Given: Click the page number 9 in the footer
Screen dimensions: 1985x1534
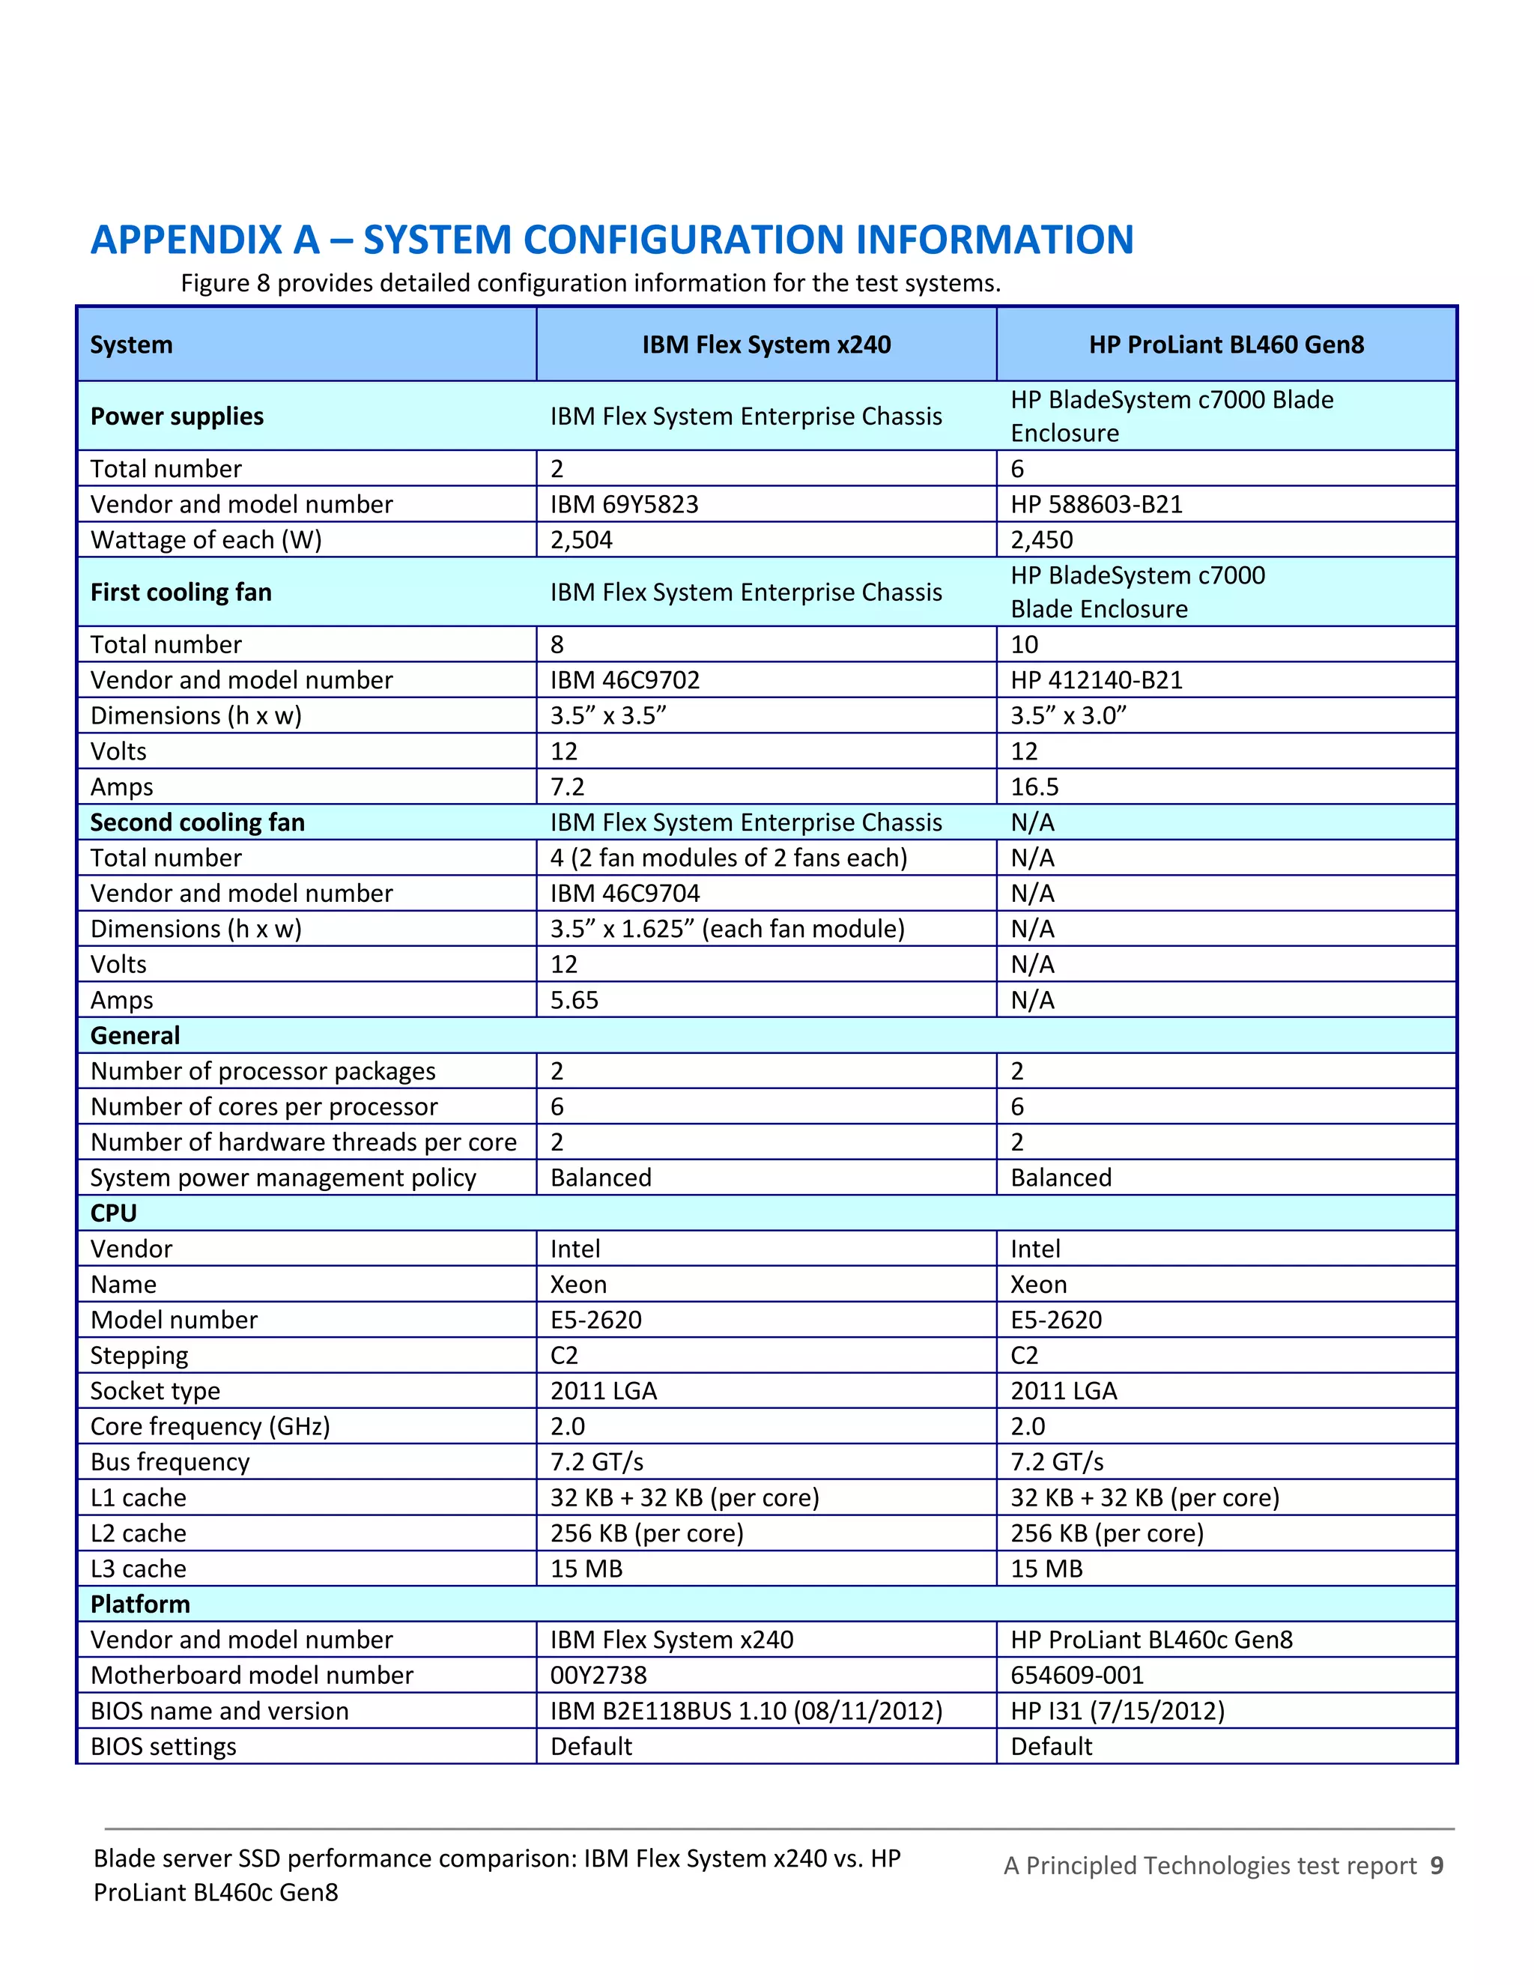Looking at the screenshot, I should pyautogui.click(x=1437, y=1865).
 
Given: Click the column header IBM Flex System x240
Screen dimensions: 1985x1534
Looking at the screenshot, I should pyautogui.click(x=766, y=345).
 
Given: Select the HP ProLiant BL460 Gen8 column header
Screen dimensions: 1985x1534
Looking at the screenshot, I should pyautogui.click(x=1226, y=345).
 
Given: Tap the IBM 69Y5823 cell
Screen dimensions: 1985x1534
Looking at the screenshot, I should pyautogui.click(x=625, y=504).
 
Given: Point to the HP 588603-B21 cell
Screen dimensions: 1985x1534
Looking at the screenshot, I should pyautogui.click(x=1096, y=504).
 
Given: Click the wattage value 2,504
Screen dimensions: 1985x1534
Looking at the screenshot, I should pyautogui.click(x=581, y=540).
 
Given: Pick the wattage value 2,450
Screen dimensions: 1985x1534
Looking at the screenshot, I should pyautogui.click(x=1041, y=540).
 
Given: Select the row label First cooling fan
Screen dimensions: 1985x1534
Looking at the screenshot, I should pyautogui.click(x=181, y=593).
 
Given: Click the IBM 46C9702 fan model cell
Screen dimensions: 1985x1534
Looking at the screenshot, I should pyautogui.click(x=625, y=680).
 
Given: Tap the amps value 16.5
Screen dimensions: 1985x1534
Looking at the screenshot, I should pyautogui.click(x=1035, y=787).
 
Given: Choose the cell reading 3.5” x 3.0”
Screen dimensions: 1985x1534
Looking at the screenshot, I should pyautogui.click(x=1068, y=716).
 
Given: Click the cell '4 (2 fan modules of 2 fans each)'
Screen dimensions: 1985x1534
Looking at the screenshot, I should pyautogui.click(x=729, y=858).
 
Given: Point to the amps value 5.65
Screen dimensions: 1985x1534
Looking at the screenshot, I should pyautogui.click(x=575, y=1000).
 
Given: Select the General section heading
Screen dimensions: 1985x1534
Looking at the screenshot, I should pyautogui.click(x=136, y=1035).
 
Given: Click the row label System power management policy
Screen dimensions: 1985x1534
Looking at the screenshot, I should pyautogui.click(x=282, y=1178).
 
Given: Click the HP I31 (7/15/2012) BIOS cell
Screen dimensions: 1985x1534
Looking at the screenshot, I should pyautogui.click(x=1118, y=1711).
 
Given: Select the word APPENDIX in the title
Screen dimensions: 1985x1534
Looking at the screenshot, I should pyautogui.click(x=205, y=240).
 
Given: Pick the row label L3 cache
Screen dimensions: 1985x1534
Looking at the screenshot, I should pyautogui.click(x=138, y=1569).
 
